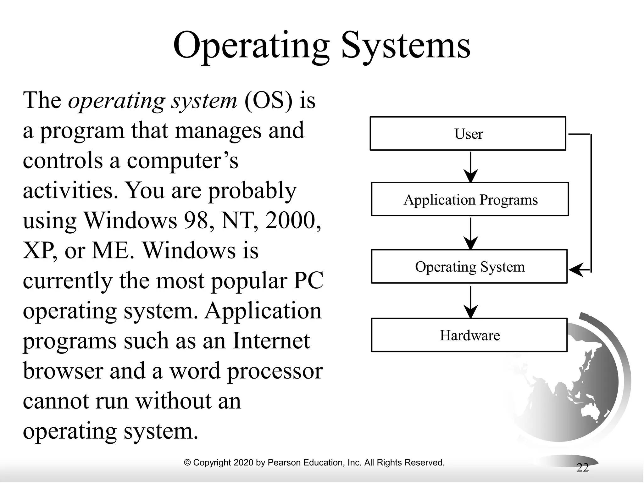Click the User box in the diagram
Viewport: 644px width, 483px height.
point(468,134)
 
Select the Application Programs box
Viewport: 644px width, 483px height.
point(470,199)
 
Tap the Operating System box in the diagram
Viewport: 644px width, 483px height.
point(469,267)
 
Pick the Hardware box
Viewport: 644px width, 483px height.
point(469,335)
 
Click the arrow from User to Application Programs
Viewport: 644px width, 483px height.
point(470,167)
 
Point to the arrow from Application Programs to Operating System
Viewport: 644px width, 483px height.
point(470,233)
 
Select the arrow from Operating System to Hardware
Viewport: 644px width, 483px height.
point(470,302)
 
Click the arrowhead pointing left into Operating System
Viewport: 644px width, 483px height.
point(575,269)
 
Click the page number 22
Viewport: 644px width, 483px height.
point(582,468)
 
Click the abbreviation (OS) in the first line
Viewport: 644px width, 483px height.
point(268,101)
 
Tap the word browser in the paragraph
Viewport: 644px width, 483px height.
point(63,371)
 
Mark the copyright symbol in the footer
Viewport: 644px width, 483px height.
point(187,463)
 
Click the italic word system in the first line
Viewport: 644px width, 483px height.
point(204,101)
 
